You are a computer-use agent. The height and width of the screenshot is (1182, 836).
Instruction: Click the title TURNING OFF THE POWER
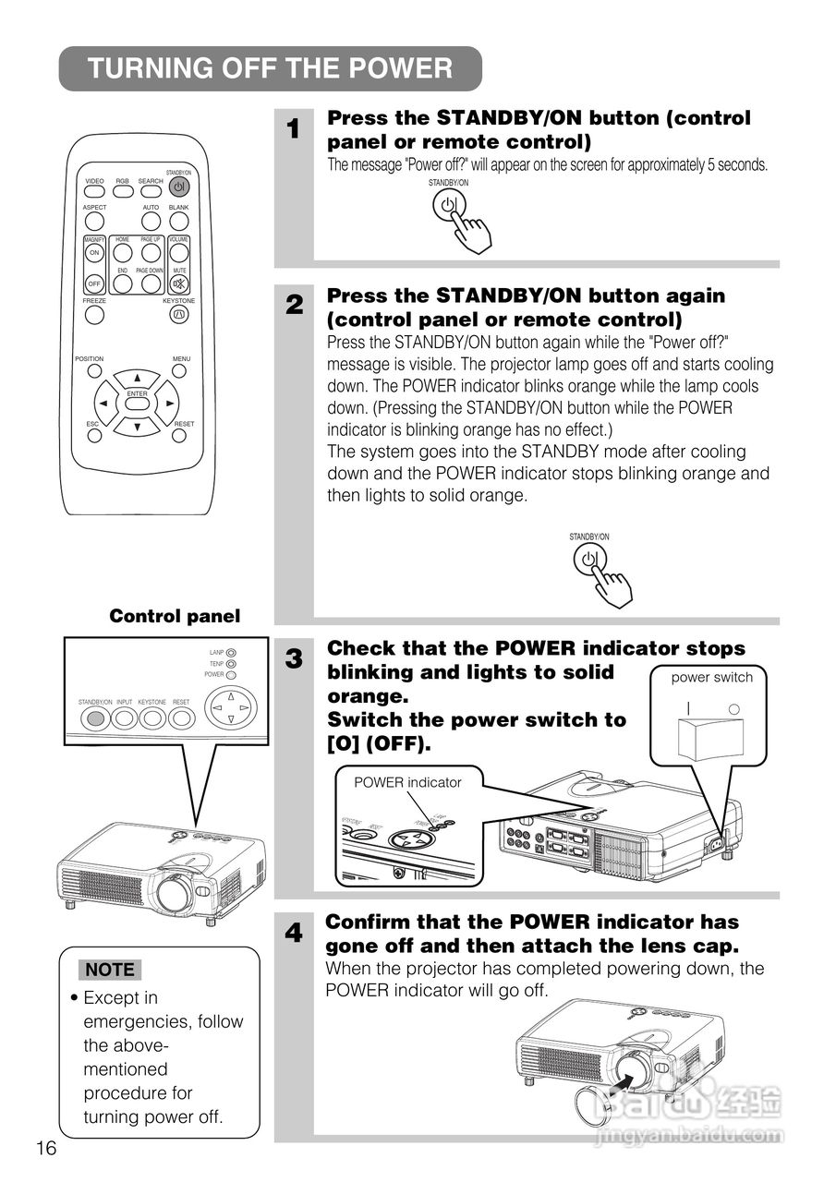pyautogui.click(x=270, y=69)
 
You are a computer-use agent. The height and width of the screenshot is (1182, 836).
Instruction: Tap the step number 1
pyautogui.click(x=293, y=129)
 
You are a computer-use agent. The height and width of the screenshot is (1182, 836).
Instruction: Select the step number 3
pyautogui.click(x=293, y=659)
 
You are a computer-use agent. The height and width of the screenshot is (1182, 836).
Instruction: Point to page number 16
pyautogui.click(x=46, y=1148)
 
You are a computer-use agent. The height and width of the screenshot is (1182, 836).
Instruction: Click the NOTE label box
pyautogui.click(x=110, y=970)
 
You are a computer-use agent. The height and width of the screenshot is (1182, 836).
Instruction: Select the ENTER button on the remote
pyautogui.click(x=138, y=404)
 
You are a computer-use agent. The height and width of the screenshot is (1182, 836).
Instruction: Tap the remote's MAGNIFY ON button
pyautogui.click(x=94, y=253)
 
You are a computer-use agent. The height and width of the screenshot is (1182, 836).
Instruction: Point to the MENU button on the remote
pyautogui.click(x=180, y=370)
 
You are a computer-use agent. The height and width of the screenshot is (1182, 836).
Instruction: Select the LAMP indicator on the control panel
pyautogui.click(x=231, y=652)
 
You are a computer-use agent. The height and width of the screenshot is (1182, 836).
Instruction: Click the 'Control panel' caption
pyautogui.click(x=175, y=616)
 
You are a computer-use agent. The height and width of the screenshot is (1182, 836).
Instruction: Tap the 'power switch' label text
pyautogui.click(x=711, y=677)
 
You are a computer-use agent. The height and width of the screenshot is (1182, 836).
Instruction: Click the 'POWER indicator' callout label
pyautogui.click(x=407, y=782)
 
